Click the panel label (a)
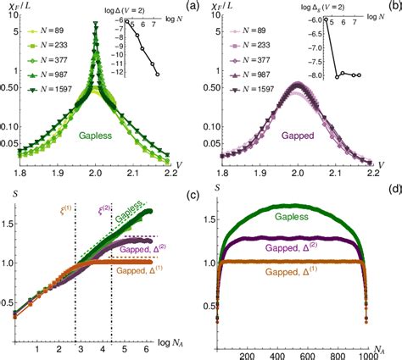tap(190, 8)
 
